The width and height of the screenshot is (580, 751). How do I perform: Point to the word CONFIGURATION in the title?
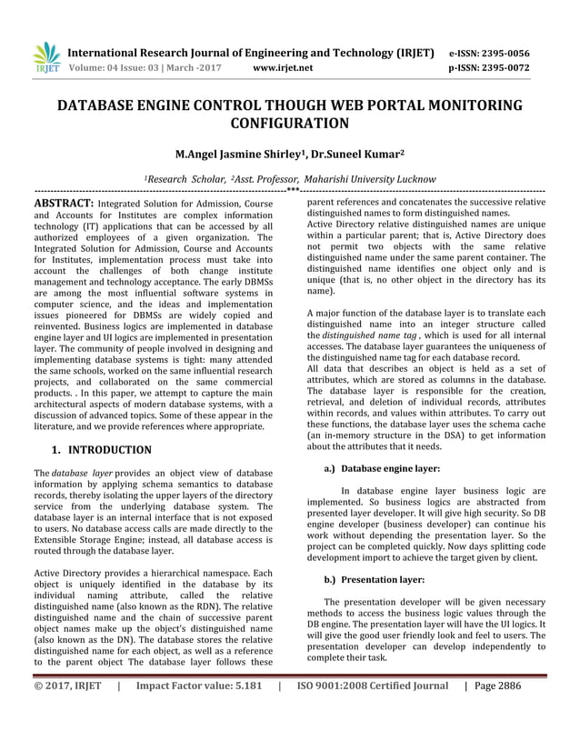coord(290,124)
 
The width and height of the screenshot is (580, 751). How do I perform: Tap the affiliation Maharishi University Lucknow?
coord(345,179)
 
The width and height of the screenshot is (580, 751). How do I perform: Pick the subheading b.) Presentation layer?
coord(375,578)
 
